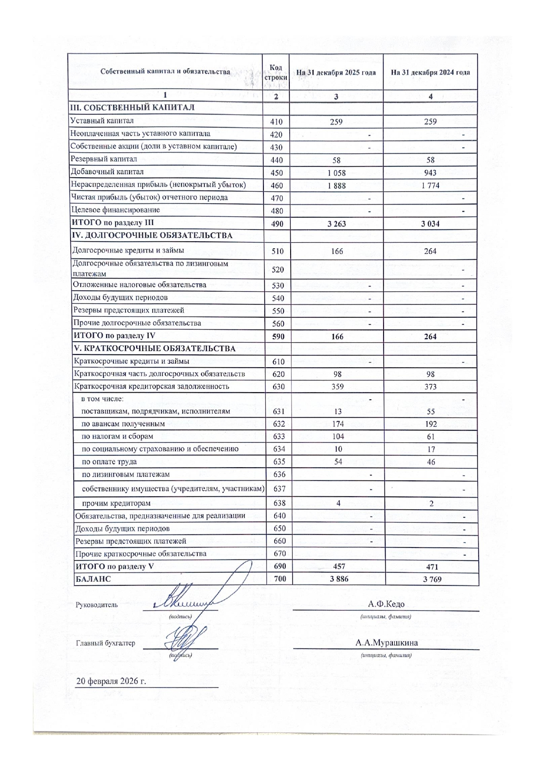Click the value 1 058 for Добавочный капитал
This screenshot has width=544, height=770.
336,173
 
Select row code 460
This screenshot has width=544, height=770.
277,186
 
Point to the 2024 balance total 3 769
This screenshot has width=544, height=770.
432,579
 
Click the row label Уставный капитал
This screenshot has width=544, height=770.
102,121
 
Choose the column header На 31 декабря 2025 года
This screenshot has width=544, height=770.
336,72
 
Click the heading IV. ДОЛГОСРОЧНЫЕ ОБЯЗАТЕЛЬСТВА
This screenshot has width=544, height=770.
152,236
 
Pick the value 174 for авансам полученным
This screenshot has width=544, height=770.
338,424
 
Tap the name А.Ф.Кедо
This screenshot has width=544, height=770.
386,604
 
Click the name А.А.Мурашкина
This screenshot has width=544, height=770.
386,643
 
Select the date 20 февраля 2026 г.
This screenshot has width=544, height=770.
110,681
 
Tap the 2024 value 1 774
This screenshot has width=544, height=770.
430,186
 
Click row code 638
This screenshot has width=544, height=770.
279,503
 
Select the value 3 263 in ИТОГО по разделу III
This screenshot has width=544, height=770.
336,224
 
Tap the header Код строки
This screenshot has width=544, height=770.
276,72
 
